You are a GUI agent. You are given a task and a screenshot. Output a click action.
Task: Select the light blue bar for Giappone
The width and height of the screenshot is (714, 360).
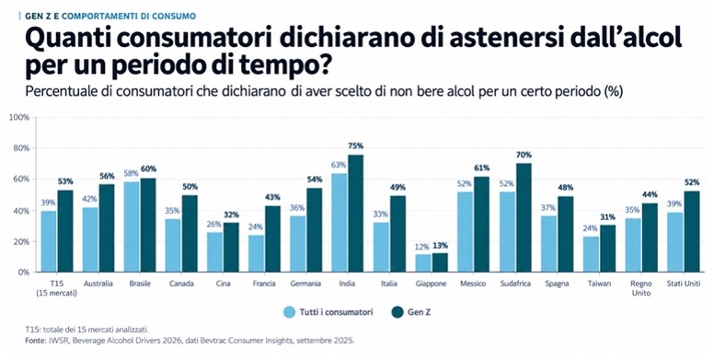pyautogui.click(x=423, y=263)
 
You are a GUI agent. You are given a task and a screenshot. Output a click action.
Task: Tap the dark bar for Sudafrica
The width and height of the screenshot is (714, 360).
pyautogui.click(x=524, y=217)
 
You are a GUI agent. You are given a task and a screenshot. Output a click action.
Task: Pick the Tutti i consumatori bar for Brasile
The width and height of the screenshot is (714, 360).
pyautogui.click(x=132, y=226)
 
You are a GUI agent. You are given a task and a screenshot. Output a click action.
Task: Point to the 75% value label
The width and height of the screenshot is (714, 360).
pyautogui.click(x=356, y=145)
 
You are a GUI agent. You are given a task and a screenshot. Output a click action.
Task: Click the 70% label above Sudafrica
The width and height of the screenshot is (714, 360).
pyautogui.click(x=524, y=155)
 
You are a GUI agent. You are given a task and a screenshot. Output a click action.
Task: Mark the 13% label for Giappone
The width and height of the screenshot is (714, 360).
pyautogui.click(x=440, y=246)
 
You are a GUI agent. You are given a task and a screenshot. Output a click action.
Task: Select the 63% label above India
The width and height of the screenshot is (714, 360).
pyautogui.click(x=339, y=165)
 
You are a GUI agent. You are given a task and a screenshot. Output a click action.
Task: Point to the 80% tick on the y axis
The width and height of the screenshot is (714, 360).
pyautogui.click(x=20, y=148)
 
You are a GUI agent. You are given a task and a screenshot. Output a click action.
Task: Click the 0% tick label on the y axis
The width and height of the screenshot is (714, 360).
pyautogui.click(x=23, y=272)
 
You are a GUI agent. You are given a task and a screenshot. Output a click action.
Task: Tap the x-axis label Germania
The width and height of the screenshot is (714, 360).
pyautogui.click(x=305, y=284)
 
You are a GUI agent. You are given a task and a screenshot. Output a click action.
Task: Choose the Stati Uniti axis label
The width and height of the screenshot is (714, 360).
pyautogui.click(x=683, y=284)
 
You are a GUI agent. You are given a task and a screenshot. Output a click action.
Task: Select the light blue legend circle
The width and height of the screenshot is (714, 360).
pyautogui.click(x=289, y=312)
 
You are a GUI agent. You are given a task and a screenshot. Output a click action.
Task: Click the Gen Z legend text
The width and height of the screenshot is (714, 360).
pyautogui.click(x=419, y=312)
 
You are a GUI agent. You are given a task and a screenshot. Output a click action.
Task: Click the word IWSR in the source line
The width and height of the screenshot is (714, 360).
pyautogui.click(x=58, y=341)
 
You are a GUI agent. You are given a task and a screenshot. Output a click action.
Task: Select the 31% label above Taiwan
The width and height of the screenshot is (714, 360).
pyautogui.click(x=607, y=217)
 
